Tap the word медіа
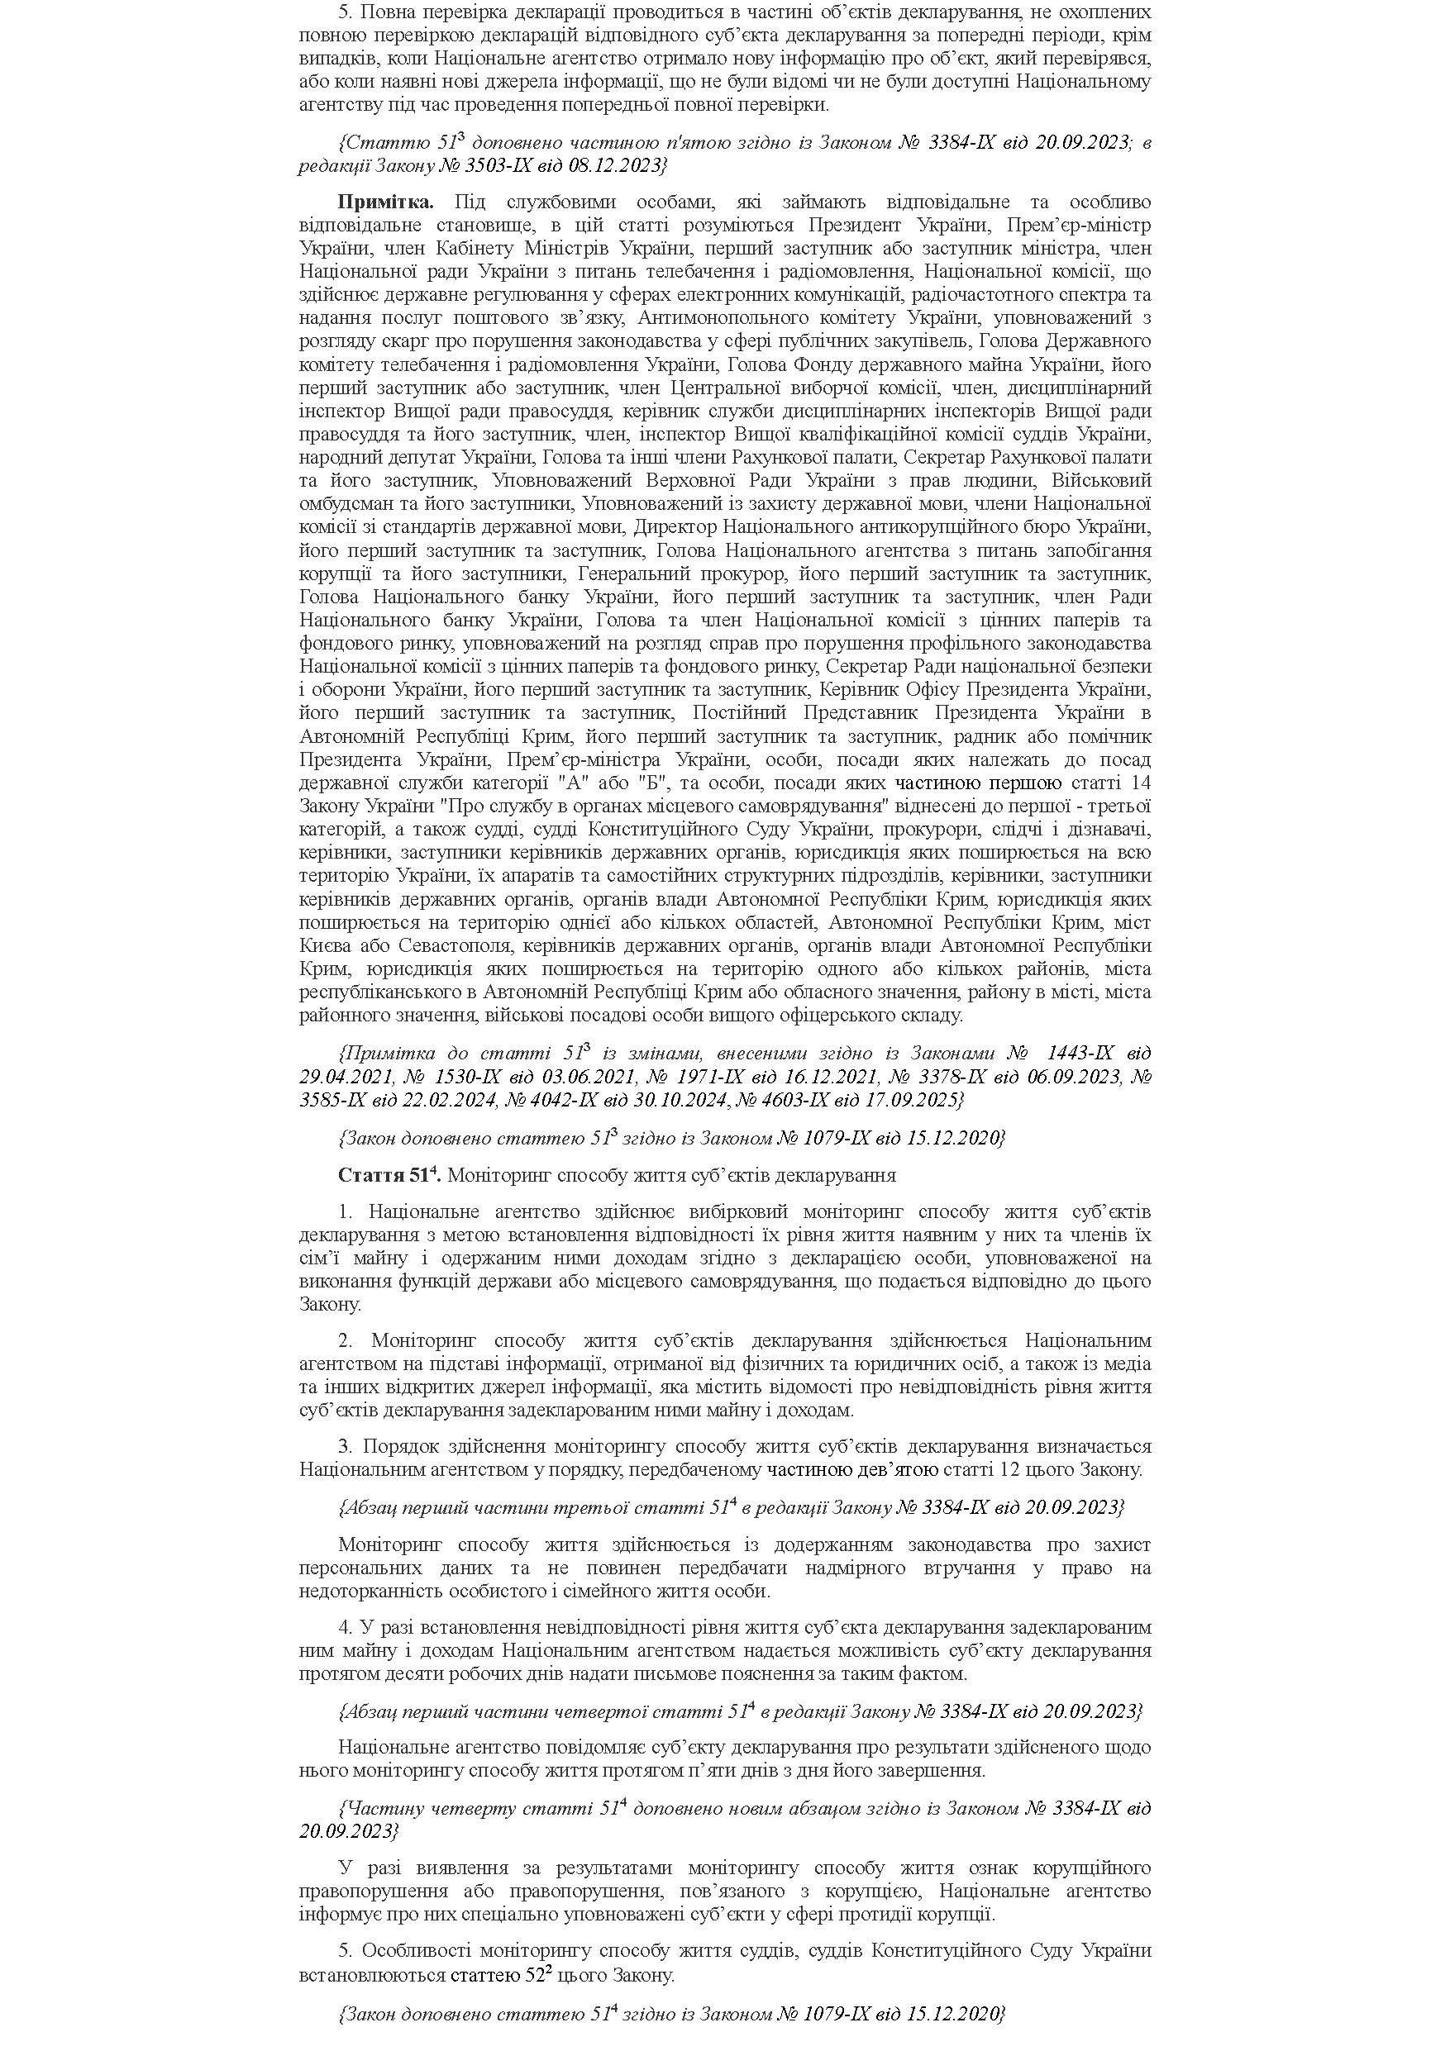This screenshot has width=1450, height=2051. click(1128, 1364)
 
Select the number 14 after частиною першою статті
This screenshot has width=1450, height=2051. click(1140, 783)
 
